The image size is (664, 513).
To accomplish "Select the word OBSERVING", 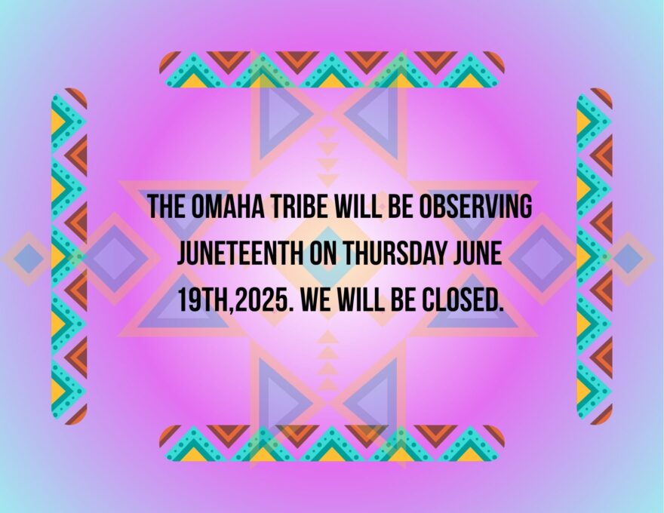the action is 475,207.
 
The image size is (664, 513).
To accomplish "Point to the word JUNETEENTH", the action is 240,253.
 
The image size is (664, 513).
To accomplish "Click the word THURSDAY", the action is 394,253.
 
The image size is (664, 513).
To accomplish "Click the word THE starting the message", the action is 167,207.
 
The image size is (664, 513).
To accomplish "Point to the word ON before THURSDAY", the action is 323,253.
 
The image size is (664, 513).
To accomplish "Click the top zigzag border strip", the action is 331,69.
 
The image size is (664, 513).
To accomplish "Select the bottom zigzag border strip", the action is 331,443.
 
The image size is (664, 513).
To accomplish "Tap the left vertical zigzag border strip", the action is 69,256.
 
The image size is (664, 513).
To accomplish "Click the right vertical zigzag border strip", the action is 595,256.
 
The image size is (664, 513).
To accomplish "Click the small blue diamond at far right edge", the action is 628,258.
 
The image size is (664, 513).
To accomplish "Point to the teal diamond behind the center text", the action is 328,257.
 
